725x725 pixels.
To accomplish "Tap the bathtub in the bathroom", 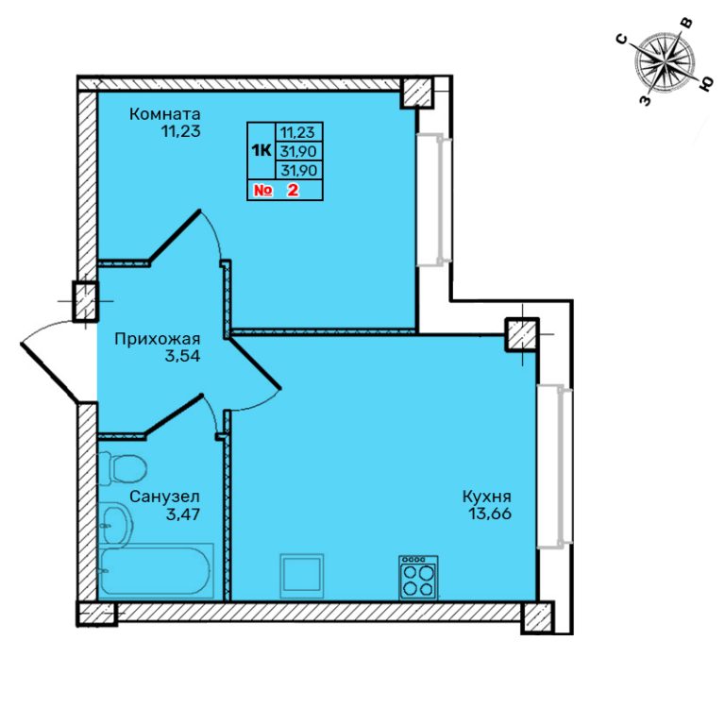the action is (x=157, y=571).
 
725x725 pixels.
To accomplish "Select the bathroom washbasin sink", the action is (x=117, y=525).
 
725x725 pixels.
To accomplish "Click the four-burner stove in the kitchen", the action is (x=418, y=578).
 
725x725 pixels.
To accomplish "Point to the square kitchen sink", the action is (x=302, y=576).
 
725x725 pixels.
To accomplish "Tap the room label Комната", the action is (x=164, y=113).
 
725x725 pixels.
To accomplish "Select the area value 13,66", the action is (x=490, y=514).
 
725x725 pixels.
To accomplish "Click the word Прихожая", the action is (x=158, y=340).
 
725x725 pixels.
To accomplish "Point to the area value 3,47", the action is (x=183, y=514).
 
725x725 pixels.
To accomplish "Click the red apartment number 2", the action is (x=293, y=190).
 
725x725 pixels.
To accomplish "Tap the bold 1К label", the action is (x=261, y=150).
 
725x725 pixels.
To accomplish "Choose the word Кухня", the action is (x=487, y=497).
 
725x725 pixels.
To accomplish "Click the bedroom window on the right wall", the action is (x=434, y=200).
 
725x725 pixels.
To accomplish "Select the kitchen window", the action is (x=554, y=467).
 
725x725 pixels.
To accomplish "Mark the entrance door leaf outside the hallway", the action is (x=48, y=372).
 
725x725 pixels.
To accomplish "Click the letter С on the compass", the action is (x=623, y=40).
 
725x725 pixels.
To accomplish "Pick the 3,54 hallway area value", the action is (x=183, y=357).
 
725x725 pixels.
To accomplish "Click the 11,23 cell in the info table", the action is (x=298, y=132).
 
